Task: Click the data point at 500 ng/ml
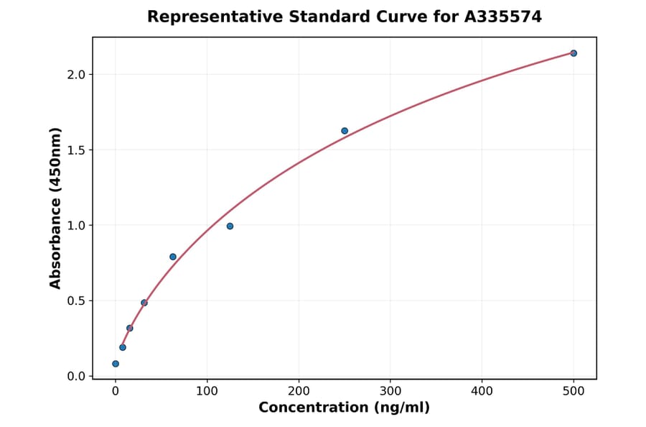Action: (x=574, y=53)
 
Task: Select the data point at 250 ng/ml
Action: (x=345, y=131)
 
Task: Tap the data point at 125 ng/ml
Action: (x=230, y=226)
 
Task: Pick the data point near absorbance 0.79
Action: (x=173, y=257)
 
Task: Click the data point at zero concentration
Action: (x=116, y=364)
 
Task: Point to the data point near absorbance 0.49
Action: (x=144, y=303)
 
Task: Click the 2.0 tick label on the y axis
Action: (x=77, y=75)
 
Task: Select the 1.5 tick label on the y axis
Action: (x=77, y=150)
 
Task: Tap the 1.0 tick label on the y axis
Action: (x=77, y=226)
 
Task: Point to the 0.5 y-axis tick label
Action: (x=77, y=301)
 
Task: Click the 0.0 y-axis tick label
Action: (x=77, y=377)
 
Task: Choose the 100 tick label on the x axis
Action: (x=207, y=391)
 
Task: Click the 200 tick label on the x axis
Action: (x=299, y=391)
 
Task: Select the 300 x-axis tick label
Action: (x=390, y=391)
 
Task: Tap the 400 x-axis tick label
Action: (x=482, y=391)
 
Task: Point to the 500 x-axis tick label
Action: (x=574, y=391)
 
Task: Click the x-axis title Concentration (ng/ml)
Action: (x=344, y=408)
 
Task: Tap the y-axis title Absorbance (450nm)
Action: (x=56, y=208)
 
